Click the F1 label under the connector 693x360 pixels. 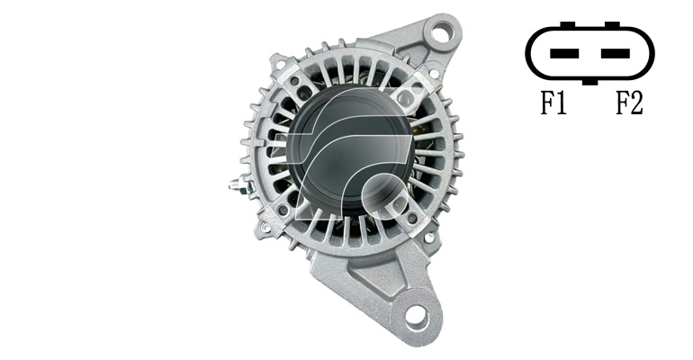553,103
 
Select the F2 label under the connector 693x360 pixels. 630,103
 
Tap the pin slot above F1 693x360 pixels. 564,53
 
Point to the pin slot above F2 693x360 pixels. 616,53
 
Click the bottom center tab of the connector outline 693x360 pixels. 589,82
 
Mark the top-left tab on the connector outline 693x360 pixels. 568,24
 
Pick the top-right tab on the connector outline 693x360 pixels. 612,24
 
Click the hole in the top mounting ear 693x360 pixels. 441,32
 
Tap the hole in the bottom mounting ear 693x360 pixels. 417,315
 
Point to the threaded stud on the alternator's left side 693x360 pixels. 238,184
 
